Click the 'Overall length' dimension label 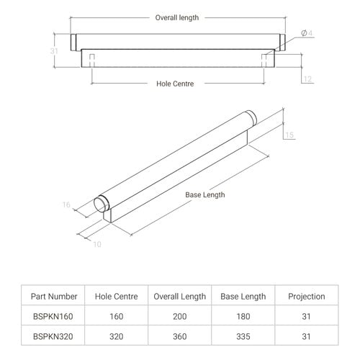click(177, 18)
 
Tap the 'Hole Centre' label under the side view click(175, 84)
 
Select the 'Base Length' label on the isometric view click(205, 194)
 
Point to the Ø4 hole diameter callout click(307, 33)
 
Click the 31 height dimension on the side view click(54, 51)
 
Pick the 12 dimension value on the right click(307, 79)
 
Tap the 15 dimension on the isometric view click(289, 135)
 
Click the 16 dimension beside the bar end click(66, 204)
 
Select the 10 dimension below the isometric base click(97, 244)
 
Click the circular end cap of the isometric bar click(99, 204)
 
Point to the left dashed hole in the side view click(92, 60)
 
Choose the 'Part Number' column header click(54, 297)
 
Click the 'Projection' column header click(307, 297)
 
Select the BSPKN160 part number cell click(53, 316)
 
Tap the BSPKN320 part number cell click(53, 336)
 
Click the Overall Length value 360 click(180, 336)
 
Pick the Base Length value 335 click(243, 336)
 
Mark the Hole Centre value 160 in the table click(117, 316)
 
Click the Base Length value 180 click(243, 316)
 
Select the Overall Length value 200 click(180, 316)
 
